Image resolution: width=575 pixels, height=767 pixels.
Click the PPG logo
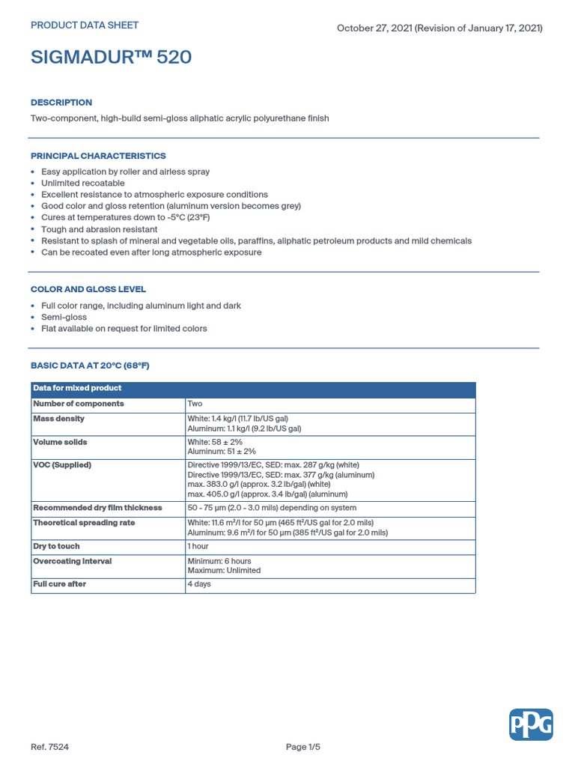tap(531, 725)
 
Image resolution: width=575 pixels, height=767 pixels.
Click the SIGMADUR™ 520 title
tap(111, 58)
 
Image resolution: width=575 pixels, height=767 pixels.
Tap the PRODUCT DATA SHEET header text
tap(85, 25)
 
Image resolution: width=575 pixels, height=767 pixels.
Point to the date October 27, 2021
tap(372, 28)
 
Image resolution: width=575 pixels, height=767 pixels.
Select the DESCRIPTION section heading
tap(61, 103)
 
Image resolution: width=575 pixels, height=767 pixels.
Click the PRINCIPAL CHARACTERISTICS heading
tap(98, 156)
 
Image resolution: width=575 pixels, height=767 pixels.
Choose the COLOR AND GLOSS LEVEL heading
tap(88, 289)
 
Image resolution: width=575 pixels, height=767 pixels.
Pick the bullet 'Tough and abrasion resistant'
tap(100, 229)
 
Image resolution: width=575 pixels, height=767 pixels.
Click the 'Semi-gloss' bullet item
tap(64, 317)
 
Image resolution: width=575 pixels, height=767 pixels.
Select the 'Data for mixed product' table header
tap(77, 388)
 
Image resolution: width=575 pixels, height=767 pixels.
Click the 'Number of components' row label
tap(79, 404)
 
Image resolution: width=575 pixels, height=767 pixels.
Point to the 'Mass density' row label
tap(59, 419)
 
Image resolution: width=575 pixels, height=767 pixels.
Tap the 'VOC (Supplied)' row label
tap(62, 465)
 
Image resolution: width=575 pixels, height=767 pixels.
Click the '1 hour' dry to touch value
tap(198, 546)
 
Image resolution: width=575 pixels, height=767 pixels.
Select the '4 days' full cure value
tap(199, 584)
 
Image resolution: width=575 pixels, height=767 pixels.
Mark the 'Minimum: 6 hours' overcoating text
tap(219, 561)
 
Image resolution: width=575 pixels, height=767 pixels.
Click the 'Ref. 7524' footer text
tap(49, 748)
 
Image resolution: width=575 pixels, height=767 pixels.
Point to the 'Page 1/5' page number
tap(307, 748)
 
